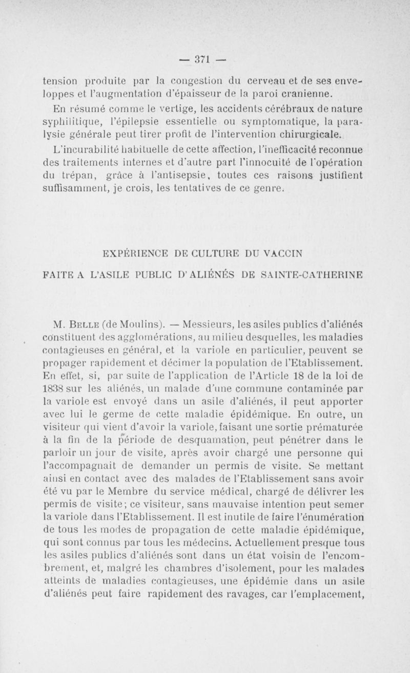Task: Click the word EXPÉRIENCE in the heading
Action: click(x=133, y=253)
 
